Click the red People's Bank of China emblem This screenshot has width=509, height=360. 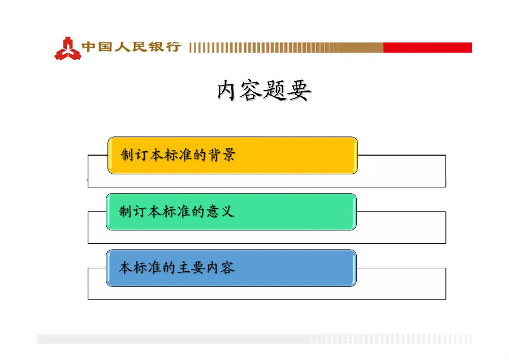(x=67, y=49)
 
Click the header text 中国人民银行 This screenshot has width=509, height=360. (x=131, y=47)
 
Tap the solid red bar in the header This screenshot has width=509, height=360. (x=428, y=48)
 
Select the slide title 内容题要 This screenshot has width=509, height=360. (x=264, y=91)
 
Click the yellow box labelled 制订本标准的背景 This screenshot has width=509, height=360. (x=232, y=155)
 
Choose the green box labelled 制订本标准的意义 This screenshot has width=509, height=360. (x=231, y=212)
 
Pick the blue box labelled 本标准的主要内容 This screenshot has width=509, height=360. (x=231, y=268)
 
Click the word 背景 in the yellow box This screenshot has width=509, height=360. (x=222, y=155)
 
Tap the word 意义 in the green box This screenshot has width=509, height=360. (x=220, y=211)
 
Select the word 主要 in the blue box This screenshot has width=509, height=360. (x=192, y=267)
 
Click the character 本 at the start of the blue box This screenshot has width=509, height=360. (x=125, y=267)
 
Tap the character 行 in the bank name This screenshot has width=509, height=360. (x=174, y=47)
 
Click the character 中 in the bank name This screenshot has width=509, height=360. (x=89, y=47)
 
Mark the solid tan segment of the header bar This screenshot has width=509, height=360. (x=361, y=48)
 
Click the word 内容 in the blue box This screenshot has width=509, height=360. (x=221, y=267)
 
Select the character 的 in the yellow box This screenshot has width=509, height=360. (x=200, y=155)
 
